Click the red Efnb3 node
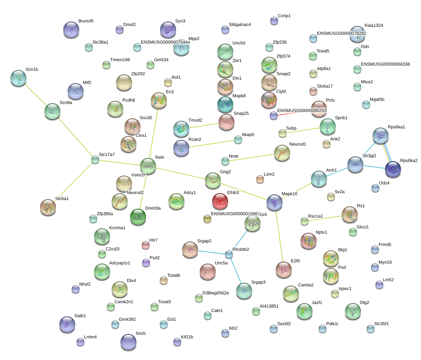coord(220,201)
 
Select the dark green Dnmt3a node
coord(138,217)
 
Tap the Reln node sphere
coord(148,166)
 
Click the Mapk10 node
coord(275,203)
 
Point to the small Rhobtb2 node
coord(229,254)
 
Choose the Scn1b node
coord(18,78)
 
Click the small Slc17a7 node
coord(95,160)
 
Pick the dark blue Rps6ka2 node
coord(393,170)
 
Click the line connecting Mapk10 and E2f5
coord(279,236)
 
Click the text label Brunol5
coord(86,21)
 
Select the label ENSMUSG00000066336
coord(385,64)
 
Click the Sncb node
coord(128,342)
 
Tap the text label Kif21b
coord(187,337)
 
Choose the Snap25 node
coord(226,122)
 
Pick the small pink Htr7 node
coord(146,245)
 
